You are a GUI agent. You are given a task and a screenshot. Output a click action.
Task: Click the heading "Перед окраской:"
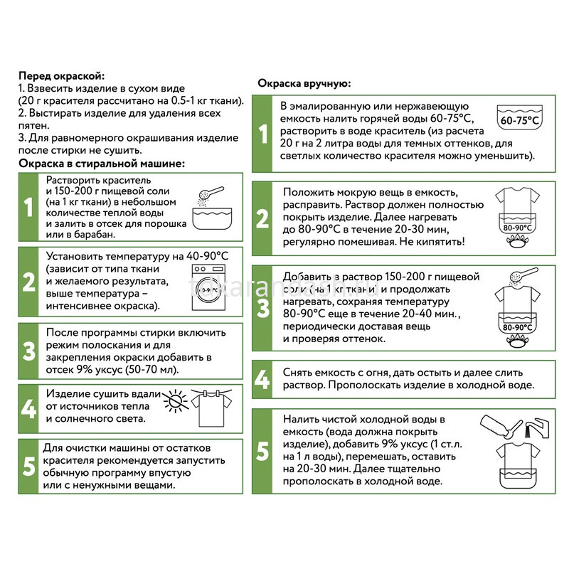pyautogui.click(x=62, y=76)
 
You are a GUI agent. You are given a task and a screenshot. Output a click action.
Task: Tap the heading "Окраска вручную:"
pyautogui.click(x=304, y=84)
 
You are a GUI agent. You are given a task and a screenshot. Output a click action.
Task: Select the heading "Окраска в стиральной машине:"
pyautogui.click(x=102, y=164)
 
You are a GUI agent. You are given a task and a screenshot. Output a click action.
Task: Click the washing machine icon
pyautogui.click(x=208, y=287)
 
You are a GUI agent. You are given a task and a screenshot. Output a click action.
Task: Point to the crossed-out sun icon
pyautogui.click(x=176, y=401)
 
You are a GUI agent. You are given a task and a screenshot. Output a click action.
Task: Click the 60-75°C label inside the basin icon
pyautogui.click(x=519, y=120)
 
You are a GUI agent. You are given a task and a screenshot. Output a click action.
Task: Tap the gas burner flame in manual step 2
pyautogui.click(x=518, y=240)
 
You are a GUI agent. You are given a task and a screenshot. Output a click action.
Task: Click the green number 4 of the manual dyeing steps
pyautogui.click(x=262, y=379)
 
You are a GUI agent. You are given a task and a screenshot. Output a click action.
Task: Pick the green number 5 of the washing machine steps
pyautogui.click(x=28, y=467)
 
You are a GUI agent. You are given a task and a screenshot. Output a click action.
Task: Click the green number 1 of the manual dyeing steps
pyautogui.click(x=263, y=134)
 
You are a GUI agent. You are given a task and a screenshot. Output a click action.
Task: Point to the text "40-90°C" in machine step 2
pyautogui.click(x=207, y=256)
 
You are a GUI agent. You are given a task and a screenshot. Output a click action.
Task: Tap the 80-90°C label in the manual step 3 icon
pyautogui.click(x=518, y=327)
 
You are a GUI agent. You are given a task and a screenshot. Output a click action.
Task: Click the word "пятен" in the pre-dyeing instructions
pyautogui.click(x=33, y=126)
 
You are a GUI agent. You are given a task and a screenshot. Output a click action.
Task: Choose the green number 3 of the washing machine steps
pyautogui.click(x=28, y=351)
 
